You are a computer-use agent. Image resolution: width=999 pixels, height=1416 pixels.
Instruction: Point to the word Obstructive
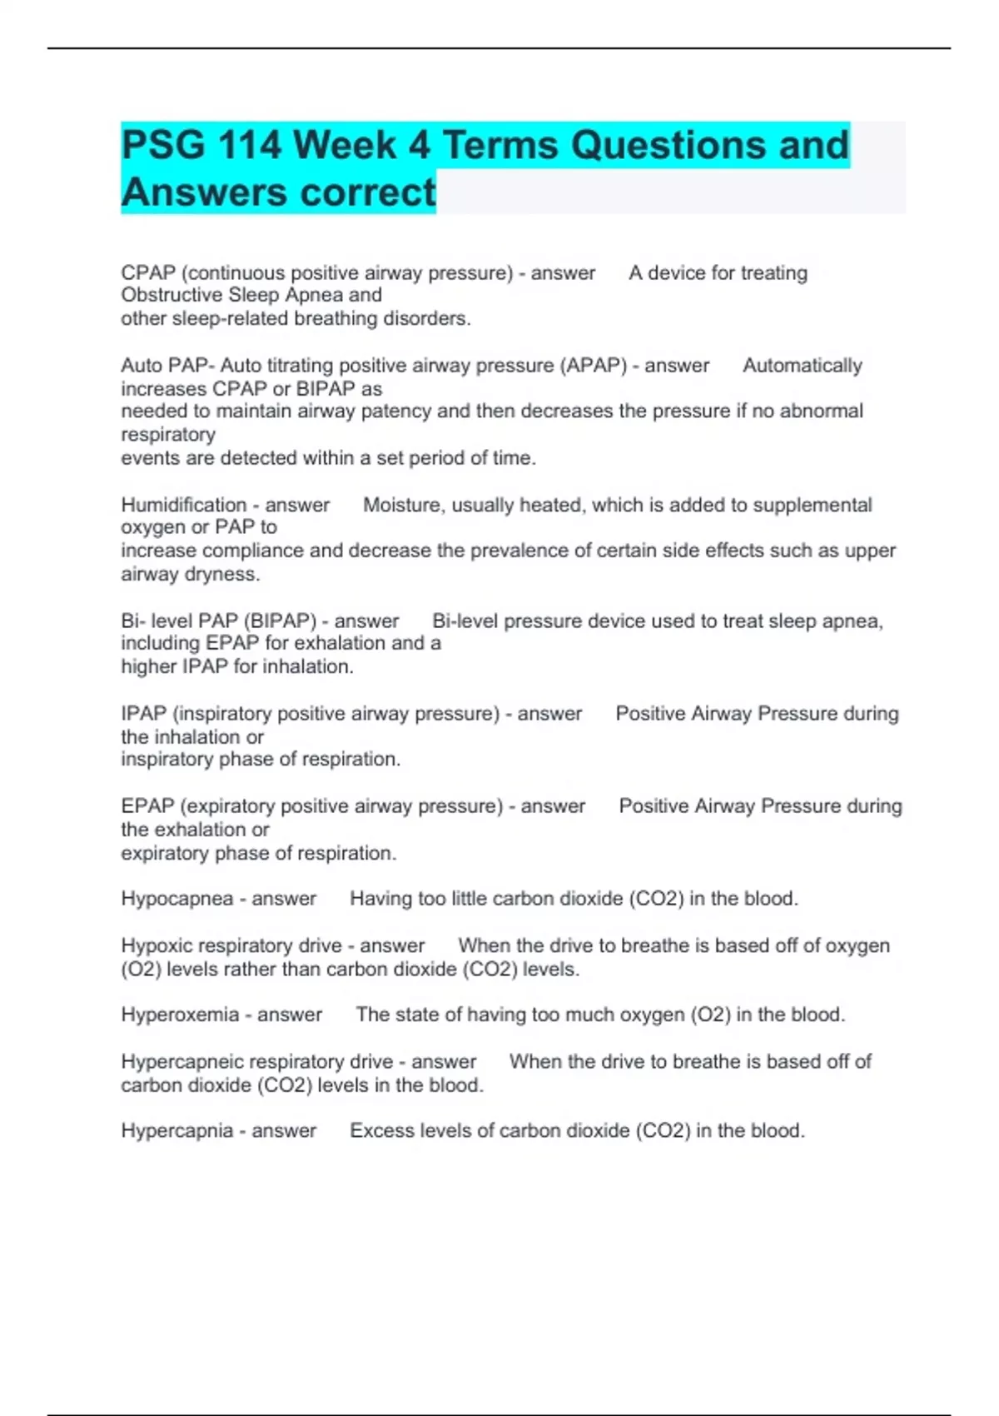click(x=171, y=295)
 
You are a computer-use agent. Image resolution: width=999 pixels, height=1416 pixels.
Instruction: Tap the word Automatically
click(x=802, y=366)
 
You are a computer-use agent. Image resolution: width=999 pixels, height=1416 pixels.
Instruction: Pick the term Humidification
click(x=184, y=505)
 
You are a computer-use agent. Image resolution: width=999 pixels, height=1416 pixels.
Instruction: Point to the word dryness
click(x=226, y=574)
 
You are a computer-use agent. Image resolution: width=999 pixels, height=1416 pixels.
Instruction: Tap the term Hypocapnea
click(x=176, y=899)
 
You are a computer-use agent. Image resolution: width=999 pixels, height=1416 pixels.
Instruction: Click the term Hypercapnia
click(x=176, y=1130)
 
